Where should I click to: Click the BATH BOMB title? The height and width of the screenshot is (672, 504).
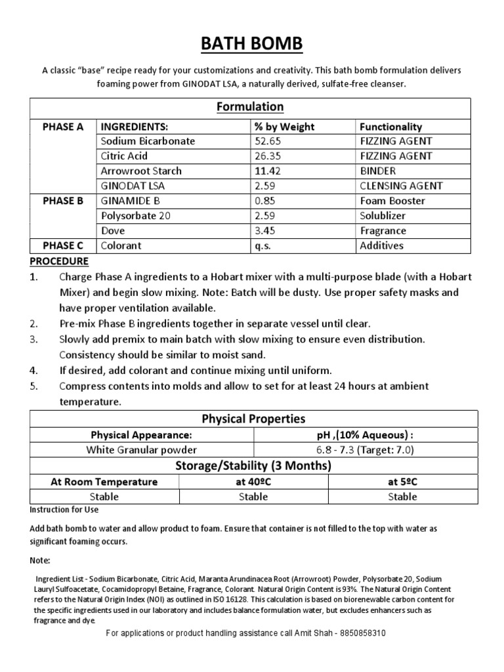[x=252, y=44]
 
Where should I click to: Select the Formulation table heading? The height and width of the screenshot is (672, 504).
[x=251, y=106]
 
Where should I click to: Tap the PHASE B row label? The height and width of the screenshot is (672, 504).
[x=63, y=201]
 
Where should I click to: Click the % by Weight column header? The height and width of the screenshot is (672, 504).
[x=284, y=127]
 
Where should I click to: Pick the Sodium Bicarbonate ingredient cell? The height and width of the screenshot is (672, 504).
[x=148, y=141]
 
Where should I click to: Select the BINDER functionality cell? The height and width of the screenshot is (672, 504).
[x=379, y=171]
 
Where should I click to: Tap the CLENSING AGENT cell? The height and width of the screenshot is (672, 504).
[x=401, y=186]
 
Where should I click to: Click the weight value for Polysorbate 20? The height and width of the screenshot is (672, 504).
[x=265, y=216]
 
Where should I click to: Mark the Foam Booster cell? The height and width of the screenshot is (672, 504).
[x=392, y=201]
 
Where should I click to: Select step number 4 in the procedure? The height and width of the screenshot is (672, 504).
[x=34, y=370]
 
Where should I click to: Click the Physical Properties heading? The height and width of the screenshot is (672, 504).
[x=253, y=419]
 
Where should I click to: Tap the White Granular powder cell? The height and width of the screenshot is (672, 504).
[x=142, y=450]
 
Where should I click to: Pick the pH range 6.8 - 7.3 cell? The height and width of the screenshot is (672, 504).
[x=365, y=450]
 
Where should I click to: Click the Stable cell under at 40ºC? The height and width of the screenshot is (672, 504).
[x=253, y=497]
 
